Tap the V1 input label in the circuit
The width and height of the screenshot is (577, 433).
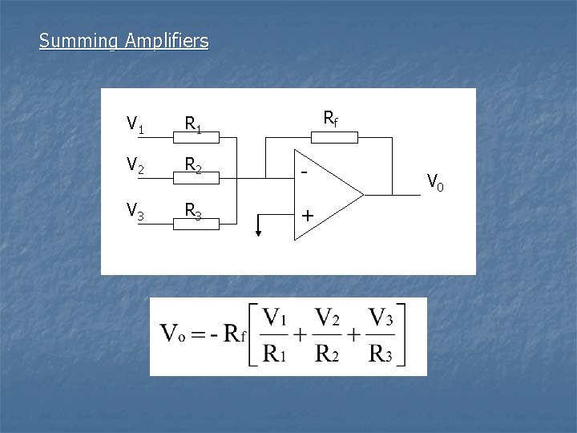[x=135, y=124]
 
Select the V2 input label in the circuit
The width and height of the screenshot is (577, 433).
[x=135, y=167]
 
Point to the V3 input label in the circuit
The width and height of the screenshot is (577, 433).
[x=135, y=210]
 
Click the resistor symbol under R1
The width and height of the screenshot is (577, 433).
[x=197, y=140]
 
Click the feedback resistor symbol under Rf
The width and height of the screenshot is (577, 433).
[x=333, y=138]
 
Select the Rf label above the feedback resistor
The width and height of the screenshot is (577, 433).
[x=330, y=119]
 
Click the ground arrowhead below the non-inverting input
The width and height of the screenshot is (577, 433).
[x=258, y=233]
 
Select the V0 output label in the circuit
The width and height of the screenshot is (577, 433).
[x=435, y=183]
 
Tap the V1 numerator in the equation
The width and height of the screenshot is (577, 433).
[x=278, y=317]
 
